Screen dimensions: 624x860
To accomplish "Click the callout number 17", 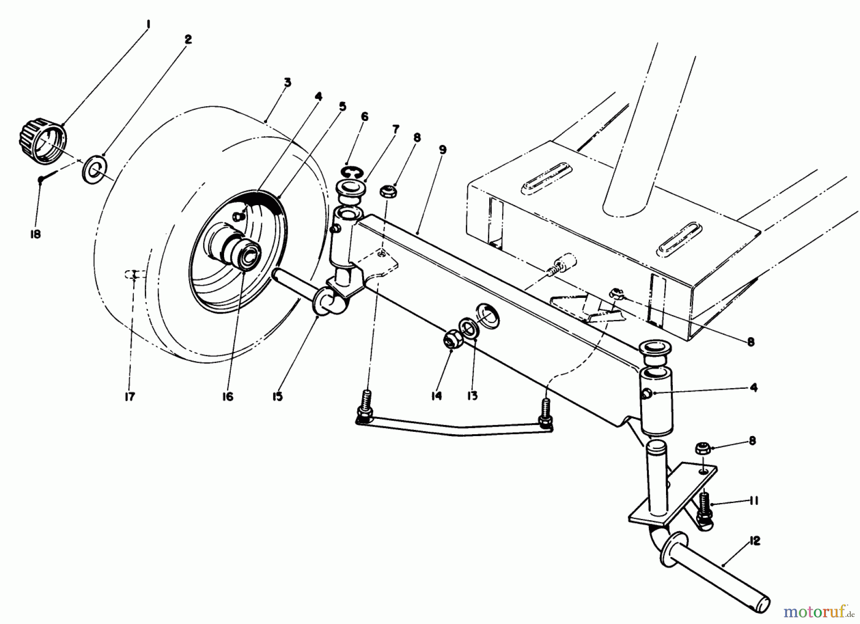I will pyautogui.click(x=129, y=396).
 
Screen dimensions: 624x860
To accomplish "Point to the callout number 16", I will pyautogui.click(x=227, y=396).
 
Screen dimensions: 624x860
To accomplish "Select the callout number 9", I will pyautogui.click(x=442, y=150).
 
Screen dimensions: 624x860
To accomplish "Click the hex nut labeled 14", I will pyautogui.click(x=450, y=340).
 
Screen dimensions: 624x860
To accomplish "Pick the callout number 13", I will pyautogui.click(x=472, y=396).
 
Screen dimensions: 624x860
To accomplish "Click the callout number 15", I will pyautogui.click(x=278, y=396).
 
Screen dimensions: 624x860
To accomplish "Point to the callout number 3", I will pyautogui.click(x=287, y=82).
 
